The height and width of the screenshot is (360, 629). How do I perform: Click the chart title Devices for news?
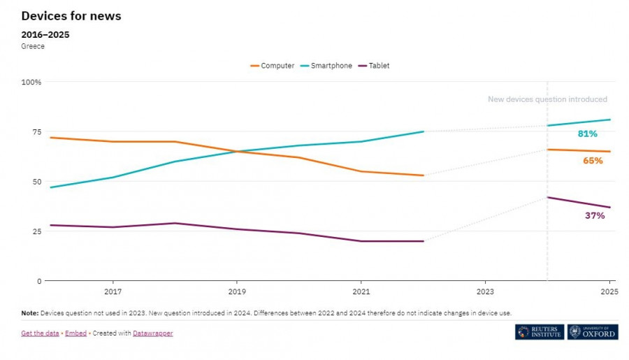[x=71, y=16]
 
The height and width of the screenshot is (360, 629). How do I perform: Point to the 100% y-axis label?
[x=31, y=82]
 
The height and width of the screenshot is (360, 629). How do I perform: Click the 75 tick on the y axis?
[x=36, y=131]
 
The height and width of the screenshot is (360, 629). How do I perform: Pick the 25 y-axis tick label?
[x=36, y=231]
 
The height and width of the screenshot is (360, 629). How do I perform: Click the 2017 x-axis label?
[x=113, y=290]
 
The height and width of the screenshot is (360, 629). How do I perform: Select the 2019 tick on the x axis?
[x=237, y=290]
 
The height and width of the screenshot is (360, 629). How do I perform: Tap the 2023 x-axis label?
[x=485, y=290]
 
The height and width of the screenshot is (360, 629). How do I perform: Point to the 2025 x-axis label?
[x=609, y=290]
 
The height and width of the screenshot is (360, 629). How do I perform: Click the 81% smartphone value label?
[x=587, y=134]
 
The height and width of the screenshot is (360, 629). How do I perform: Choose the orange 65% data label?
[x=593, y=161]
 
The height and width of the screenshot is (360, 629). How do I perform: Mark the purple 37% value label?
[x=595, y=215]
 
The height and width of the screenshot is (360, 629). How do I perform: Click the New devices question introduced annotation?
[x=547, y=99]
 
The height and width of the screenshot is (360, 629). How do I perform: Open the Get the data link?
[x=40, y=333]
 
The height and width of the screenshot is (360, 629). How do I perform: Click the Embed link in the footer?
[x=75, y=333]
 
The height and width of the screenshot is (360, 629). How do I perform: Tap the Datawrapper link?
[x=153, y=333]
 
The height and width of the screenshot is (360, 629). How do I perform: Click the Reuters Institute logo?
[x=539, y=332]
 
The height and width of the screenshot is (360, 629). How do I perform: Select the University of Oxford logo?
[x=593, y=332]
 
